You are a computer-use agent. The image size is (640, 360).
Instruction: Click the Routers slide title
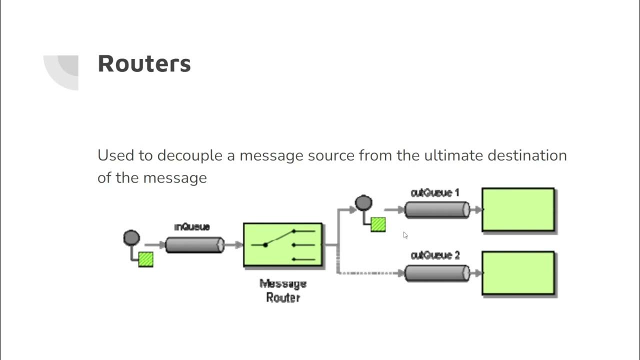tap(144, 64)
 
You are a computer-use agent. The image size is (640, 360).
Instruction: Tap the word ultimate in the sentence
tap(453, 155)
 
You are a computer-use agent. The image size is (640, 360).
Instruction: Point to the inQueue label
tap(192, 227)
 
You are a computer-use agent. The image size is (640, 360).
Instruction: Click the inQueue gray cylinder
tap(194, 245)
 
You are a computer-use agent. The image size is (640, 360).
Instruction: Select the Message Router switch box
tap(282, 245)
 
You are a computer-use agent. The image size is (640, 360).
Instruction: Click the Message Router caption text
tap(282, 291)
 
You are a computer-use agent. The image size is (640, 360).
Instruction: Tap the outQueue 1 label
tap(434, 192)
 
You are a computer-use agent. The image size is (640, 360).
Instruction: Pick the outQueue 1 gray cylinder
tap(437, 210)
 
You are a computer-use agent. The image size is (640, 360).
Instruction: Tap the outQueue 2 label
tap(434, 255)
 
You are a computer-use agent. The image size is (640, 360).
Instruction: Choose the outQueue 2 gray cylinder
tap(437, 273)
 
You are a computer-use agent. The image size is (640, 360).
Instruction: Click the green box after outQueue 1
tap(518, 210)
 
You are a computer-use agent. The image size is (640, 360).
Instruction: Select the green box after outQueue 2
tap(518, 273)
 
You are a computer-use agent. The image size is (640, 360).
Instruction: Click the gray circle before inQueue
tap(131, 237)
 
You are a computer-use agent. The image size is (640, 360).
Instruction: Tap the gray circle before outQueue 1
tap(363, 203)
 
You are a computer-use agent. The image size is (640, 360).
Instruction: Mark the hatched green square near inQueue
tap(145, 259)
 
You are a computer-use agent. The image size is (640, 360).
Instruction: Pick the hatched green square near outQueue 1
tap(378, 224)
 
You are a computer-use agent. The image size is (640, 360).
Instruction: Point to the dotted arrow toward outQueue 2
tap(370, 273)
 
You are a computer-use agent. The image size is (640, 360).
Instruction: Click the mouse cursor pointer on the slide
tap(405, 235)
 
